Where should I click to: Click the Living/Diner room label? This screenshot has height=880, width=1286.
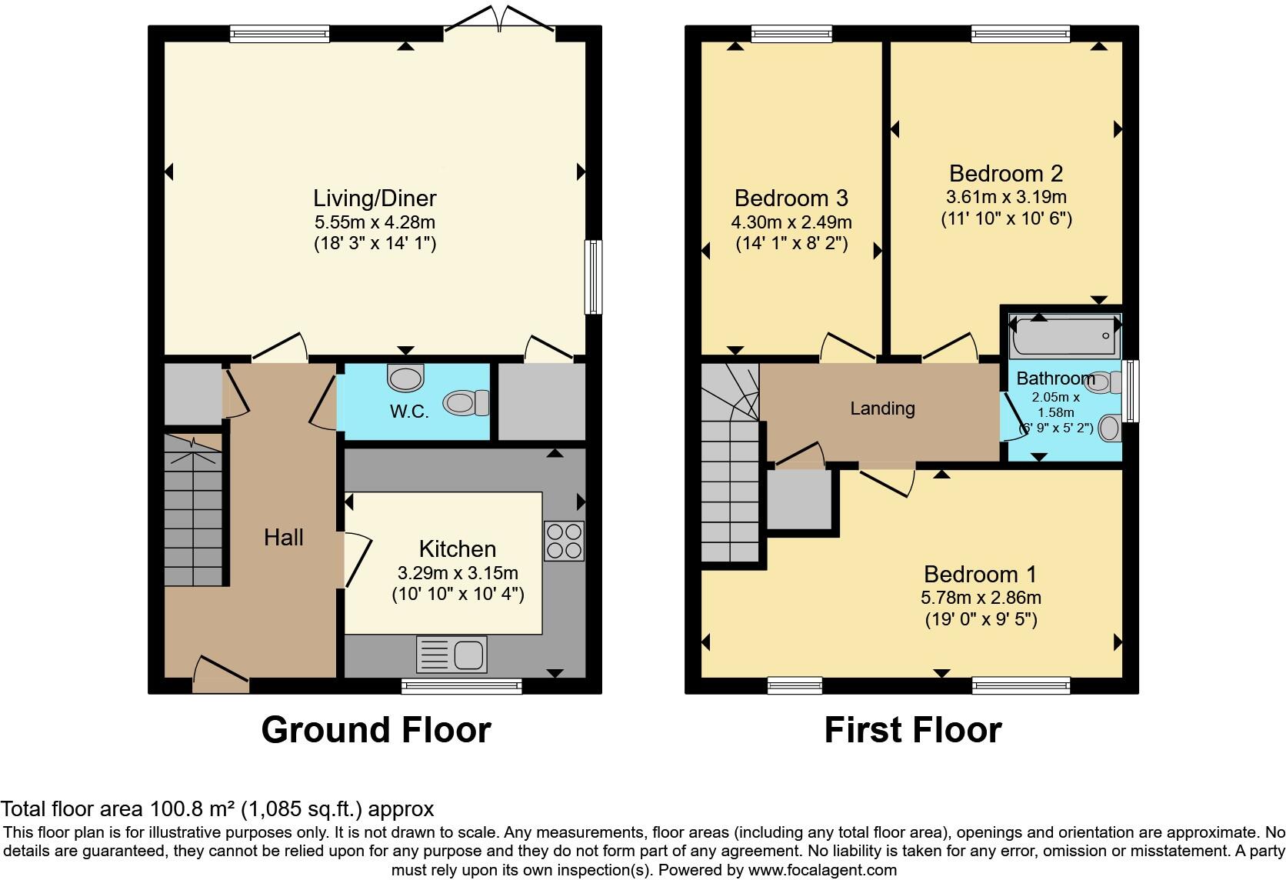(375, 198)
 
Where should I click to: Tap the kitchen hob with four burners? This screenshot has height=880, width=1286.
(564, 541)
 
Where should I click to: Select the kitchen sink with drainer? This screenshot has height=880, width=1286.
(451, 655)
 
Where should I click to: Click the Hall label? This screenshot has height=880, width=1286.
(284, 538)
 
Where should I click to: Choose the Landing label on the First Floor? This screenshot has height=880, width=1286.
(882, 408)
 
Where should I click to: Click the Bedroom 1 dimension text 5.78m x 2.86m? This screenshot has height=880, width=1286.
(981, 598)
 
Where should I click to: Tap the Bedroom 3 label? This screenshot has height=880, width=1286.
(791, 198)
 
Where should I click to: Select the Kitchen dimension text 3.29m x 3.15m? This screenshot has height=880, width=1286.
(458, 573)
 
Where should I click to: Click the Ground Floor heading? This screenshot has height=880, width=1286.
(375, 730)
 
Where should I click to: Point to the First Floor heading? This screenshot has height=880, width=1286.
(913, 730)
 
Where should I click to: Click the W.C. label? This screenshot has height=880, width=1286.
(408, 412)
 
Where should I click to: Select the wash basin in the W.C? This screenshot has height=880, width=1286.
(405, 377)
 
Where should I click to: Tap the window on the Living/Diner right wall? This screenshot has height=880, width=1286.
(593, 277)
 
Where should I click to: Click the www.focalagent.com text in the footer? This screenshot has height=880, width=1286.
(822, 871)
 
